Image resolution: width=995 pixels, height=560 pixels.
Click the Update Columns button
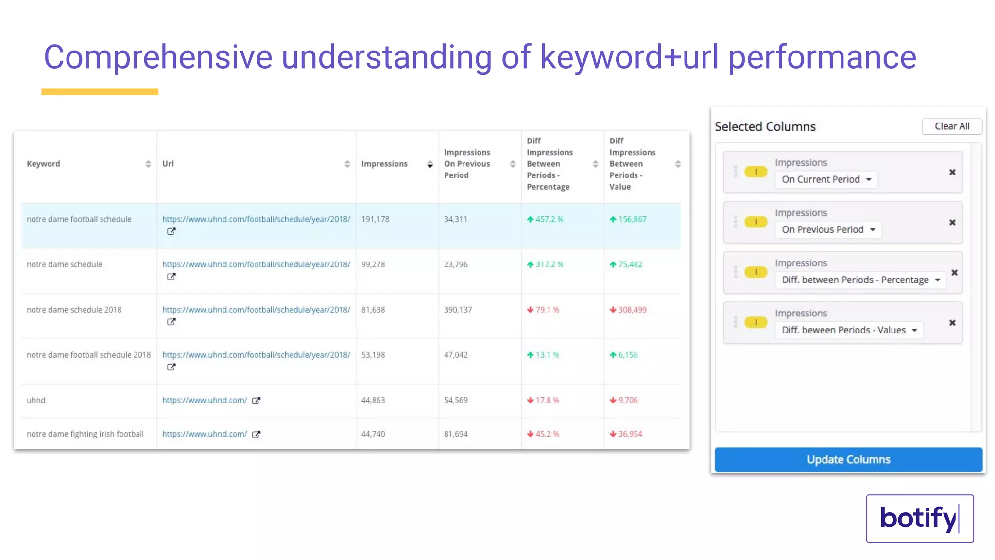(x=848, y=459)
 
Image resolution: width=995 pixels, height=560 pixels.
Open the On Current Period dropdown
(x=826, y=179)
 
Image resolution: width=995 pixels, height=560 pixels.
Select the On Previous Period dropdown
(x=828, y=229)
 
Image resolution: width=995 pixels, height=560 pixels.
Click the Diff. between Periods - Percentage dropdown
(x=860, y=280)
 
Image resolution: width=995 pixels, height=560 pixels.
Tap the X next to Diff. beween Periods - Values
(x=952, y=323)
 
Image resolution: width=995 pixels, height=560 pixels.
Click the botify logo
(x=919, y=518)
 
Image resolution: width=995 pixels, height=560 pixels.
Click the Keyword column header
(x=44, y=164)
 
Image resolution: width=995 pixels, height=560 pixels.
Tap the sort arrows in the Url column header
(x=347, y=164)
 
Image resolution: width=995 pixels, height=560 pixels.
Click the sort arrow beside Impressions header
(x=430, y=164)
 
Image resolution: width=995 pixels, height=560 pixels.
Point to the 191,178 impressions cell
(x=375, y=219)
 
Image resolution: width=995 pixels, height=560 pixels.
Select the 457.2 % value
(x=549, y=219)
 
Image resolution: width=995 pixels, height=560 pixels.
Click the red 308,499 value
(x=632, y=310)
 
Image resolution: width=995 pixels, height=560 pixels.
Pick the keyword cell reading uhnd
(x=36, y=400)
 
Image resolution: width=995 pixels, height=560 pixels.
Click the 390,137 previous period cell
(x=458, y=310)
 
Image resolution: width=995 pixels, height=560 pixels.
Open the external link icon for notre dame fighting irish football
(x=256, y=434)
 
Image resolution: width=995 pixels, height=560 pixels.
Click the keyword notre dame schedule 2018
(x=74, y=310)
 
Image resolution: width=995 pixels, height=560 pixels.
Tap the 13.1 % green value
(x=547, y=355)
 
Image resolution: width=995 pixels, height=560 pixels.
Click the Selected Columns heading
(x=765, y=126)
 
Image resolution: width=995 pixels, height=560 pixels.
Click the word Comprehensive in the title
(x=158, y=57)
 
